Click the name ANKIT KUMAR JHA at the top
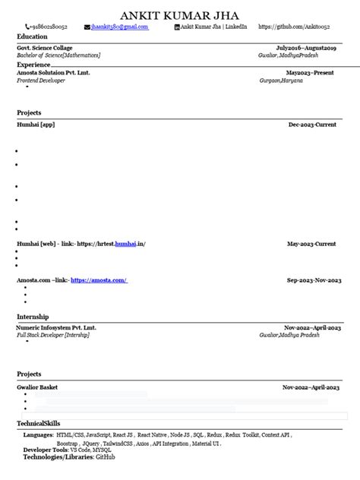(179, 16)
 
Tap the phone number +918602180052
(48, 27)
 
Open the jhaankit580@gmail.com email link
(119, 27)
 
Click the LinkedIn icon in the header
(177, 27)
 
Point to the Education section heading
(32, 36)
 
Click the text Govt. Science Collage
(45, 47)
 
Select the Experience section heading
(34, 65)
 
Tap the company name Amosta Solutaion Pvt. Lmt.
(53, 72)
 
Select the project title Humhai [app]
(36, 124)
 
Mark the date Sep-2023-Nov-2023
(314, 280)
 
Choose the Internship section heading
(33, 316)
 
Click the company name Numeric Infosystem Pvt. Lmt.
(56, 327)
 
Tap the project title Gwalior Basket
(38, 387)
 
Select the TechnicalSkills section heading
(38, 423)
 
